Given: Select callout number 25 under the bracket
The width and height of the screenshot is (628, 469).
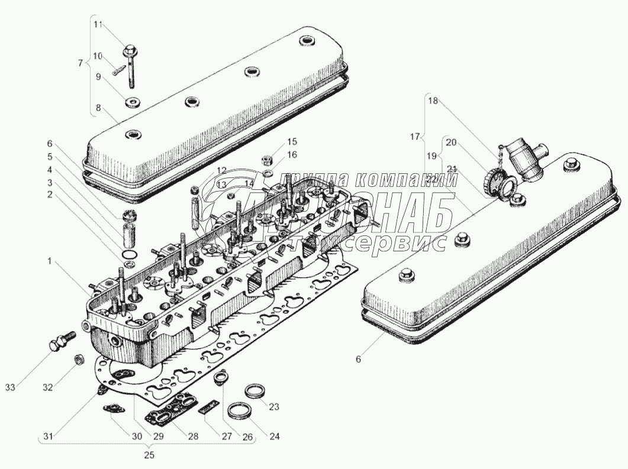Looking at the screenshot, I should pyautogui.click(x=149, y=455).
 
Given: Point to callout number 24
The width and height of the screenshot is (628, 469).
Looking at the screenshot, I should pyautogui.click(x=273, y=436).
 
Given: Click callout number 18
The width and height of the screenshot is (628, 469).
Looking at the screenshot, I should pyautogui.click(x=433, y=101).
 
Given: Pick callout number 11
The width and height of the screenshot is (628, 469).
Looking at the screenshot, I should pyautogui.click(x=98, y=24).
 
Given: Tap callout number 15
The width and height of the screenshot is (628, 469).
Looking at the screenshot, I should pyautogui.click(x=292, y=142).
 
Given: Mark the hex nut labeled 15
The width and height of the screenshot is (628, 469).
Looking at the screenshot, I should pyautogui.click(x=267, y=160).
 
